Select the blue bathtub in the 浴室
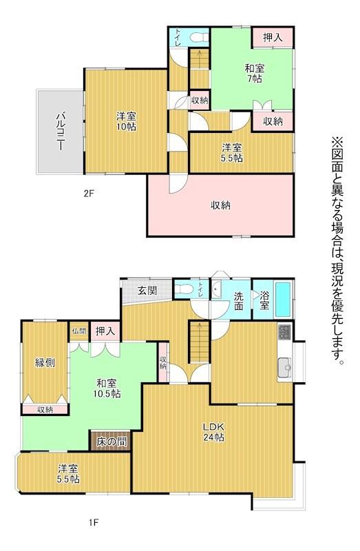[283, 299]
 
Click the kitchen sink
[285, 368]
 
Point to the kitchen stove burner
[285, 332]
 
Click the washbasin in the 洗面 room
[216, 289]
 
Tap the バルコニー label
[62, 131]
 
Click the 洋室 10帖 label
[127, 121]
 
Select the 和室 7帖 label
[254, 73]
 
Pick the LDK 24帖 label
[214, 432]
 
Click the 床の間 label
[112, 441]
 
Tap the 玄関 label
[147, 291]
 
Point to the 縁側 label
[45, 362]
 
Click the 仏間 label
[79, 331]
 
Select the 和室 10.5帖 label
[107, 388]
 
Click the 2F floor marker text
[89, 193]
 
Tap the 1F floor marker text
[94, 523]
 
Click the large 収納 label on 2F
[220, 205]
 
